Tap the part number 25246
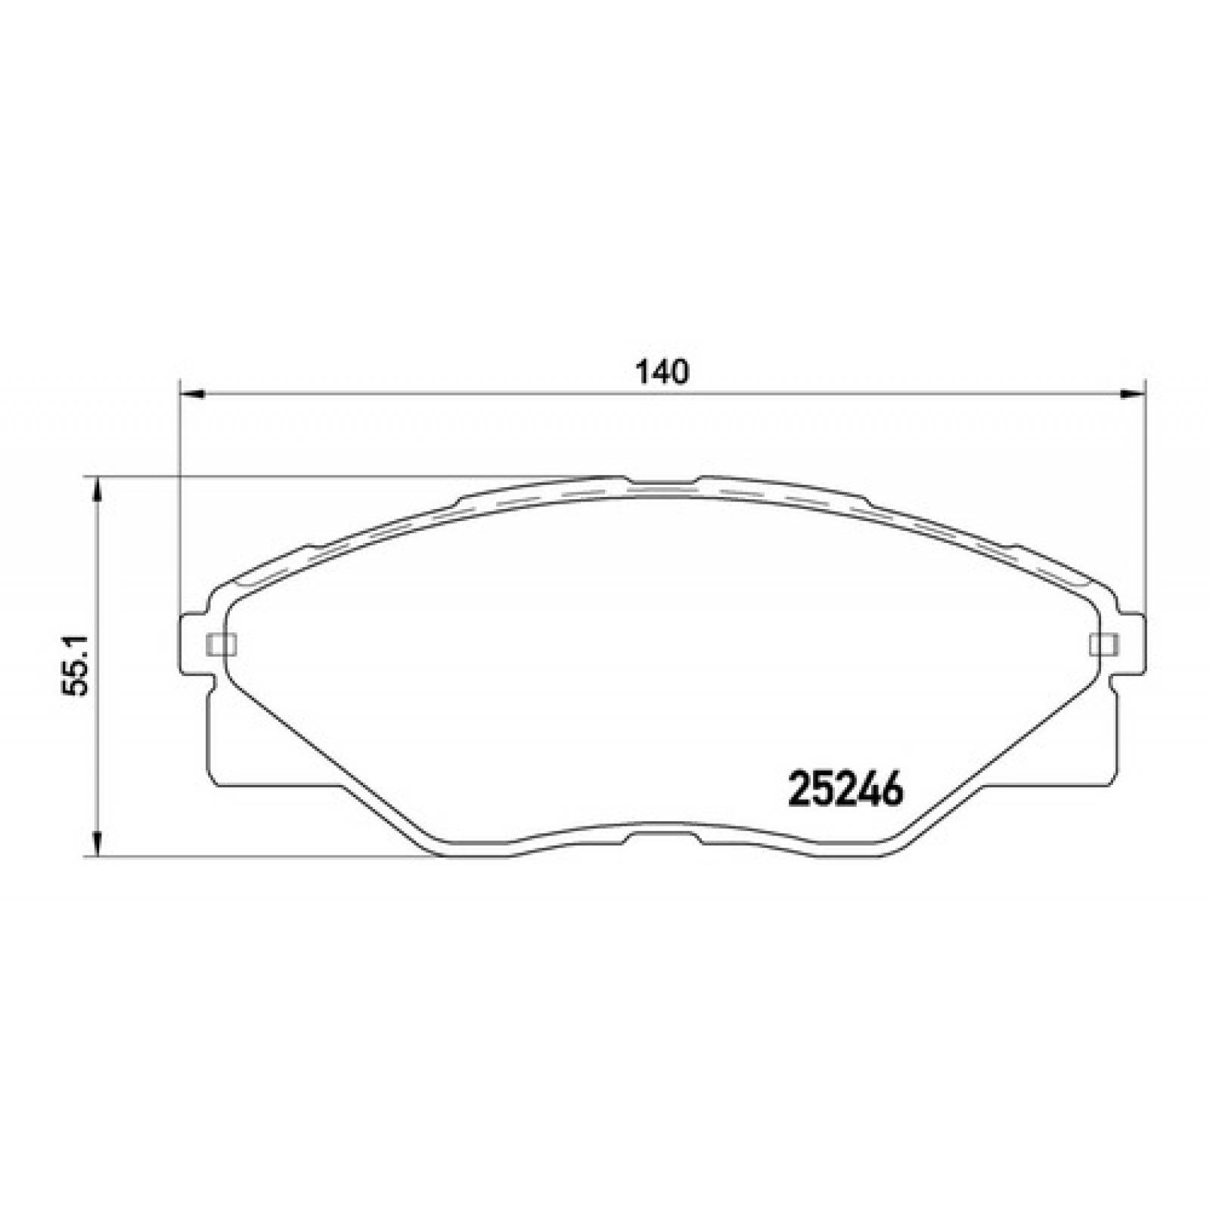(x=846, y=791)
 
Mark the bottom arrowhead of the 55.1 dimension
(x=96, y=842)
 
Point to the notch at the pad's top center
(x=662, y=482)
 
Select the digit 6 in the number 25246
(x=892, y=791)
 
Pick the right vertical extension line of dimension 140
(x=1146, y=492)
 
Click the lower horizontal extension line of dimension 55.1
(x=265, y=857)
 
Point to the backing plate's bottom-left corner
(x=213, y=781)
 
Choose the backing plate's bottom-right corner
(x=1112, y=781)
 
